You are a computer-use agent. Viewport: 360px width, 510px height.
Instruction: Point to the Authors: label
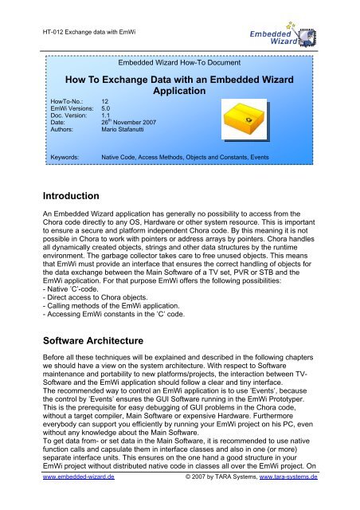[x=65, y=135]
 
